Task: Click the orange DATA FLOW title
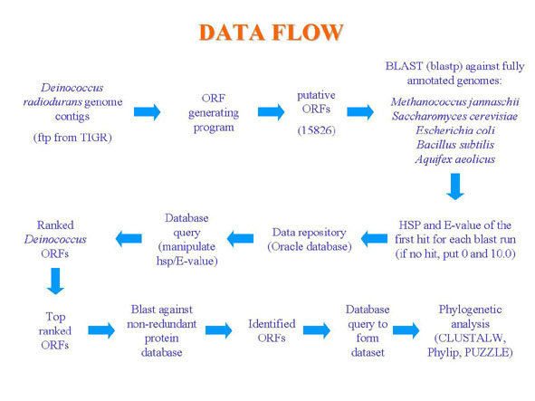tap(271, 33)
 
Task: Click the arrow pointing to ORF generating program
tap(147, 111)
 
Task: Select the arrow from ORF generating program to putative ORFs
tap(272, 111)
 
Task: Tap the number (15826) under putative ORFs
tap(316, 130)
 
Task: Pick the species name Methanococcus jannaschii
tap(454, 101)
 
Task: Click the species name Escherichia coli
tap(455, 130)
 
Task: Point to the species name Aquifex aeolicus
tap(455, 159)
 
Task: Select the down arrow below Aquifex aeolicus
tap(455, 186)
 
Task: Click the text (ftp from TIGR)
tap(72, 138)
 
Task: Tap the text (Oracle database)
tap(310, 246)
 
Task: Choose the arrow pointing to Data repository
tap(374, 239)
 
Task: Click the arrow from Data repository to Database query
tap(240, 239)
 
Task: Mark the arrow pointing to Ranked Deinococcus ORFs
tap(129, 239)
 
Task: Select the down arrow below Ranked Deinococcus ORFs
tap(55, 281)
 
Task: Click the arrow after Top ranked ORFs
tap(101, 330)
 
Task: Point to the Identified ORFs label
tap(272, 330)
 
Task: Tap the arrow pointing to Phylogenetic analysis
tap(406, 330)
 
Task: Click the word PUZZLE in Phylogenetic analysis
tap(489, 352)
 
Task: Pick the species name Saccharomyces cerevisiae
tap(454, 116)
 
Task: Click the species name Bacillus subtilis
tap(455, 145)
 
